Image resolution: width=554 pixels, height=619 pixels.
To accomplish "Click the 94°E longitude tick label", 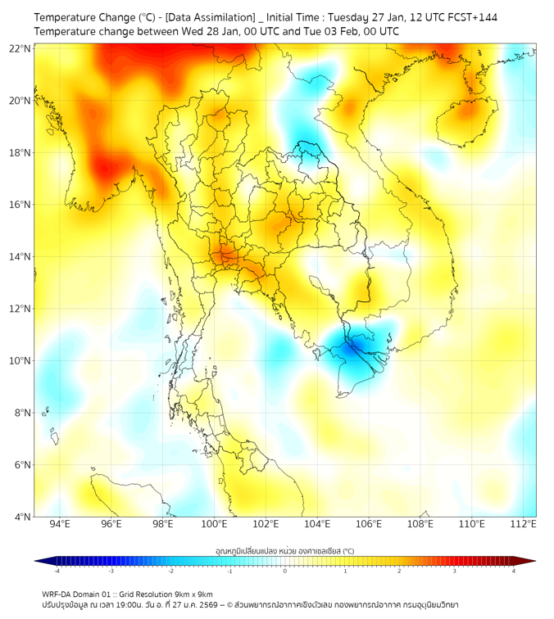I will (60, 524).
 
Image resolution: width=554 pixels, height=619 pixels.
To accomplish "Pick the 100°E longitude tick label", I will (215, 524).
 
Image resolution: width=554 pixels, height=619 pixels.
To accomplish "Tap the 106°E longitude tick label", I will (370, 524).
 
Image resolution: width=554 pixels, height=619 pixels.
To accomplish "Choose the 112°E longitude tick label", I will (524, 524).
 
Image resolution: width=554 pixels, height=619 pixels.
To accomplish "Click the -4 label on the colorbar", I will (56, 571).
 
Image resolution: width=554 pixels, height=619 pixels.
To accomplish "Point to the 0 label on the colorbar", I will (285, 571).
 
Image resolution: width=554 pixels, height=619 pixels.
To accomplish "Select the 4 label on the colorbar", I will (514, 571).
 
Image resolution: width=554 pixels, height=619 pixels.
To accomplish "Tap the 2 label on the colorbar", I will (399, 571).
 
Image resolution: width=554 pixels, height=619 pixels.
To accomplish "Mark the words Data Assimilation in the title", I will (210, 17).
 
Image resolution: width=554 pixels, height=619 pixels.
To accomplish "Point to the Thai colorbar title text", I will (284, 550).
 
